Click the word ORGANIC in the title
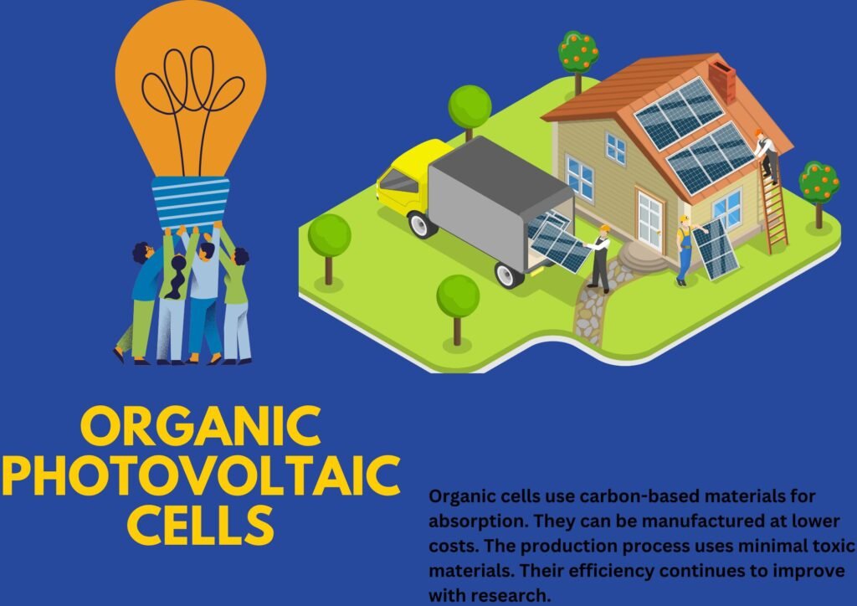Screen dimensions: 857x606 point(200,426)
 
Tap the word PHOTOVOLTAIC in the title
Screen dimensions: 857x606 point(201,475)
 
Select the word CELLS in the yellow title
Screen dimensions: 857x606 point(201,524)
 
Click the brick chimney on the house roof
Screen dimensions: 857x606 point(722,81)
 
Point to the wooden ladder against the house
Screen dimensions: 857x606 point(772,203)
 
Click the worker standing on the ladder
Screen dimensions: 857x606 point(767,157)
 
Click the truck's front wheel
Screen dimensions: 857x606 point(423,224)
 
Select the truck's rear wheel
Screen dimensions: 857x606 point(509,274)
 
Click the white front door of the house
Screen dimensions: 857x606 point(649,221)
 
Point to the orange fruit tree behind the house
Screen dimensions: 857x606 point(577,61)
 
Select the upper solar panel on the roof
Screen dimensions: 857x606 point(680,113)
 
